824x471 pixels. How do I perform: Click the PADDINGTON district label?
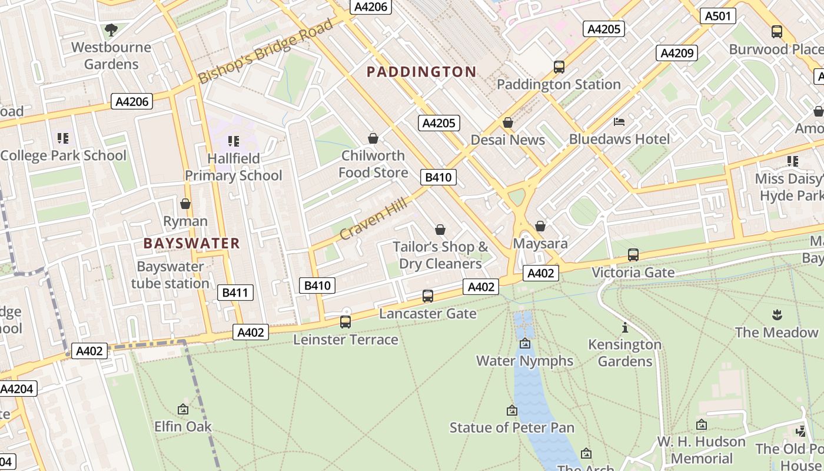[421, 72]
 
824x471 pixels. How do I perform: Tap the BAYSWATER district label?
[192, 243]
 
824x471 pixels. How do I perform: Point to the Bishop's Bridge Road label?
[266, 52]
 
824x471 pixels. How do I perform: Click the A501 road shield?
[719, 16]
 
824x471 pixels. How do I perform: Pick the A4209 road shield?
[677, 53]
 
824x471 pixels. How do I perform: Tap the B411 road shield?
[235, 293]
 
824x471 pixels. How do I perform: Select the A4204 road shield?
[18, 389]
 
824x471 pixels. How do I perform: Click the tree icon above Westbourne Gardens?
[111, 29]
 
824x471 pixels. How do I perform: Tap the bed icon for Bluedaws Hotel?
[619, 122]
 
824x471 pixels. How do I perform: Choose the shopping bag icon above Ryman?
[185, 204]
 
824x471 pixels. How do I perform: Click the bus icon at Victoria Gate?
[633, 255]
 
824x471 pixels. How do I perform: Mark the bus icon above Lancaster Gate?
[428, 296]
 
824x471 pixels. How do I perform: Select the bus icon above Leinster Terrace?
[345, 322]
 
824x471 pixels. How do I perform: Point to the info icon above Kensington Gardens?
[625, 327]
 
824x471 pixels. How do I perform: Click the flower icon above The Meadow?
[776, 314]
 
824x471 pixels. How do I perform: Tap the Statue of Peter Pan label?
[512, 427]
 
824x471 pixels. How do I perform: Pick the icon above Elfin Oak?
[183, 409]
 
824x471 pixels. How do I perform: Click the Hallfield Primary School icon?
[234, 141]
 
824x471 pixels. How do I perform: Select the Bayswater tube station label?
[170, 275]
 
